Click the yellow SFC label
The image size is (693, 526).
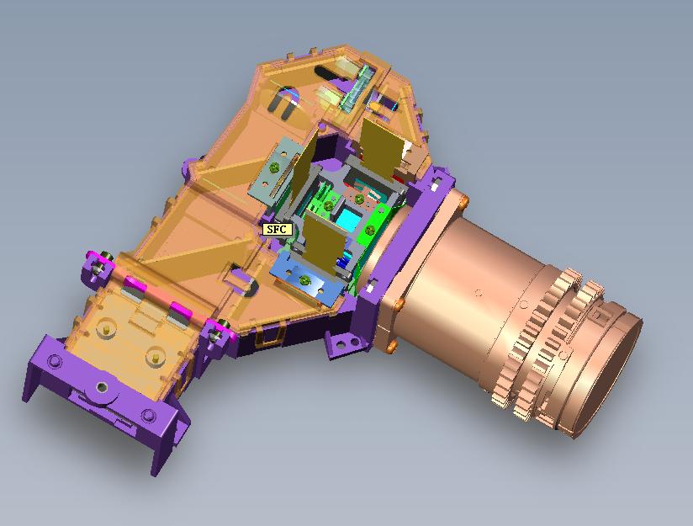click(x=277, y=229)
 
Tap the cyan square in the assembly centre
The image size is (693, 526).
click(x=349, y=220)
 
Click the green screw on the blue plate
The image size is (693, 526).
click(x=304, y=279)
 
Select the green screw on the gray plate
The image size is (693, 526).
click(x=274, y=167)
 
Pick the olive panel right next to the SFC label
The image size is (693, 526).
click(x=325, y=242)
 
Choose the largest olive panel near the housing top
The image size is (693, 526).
click(x=380, y=145)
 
